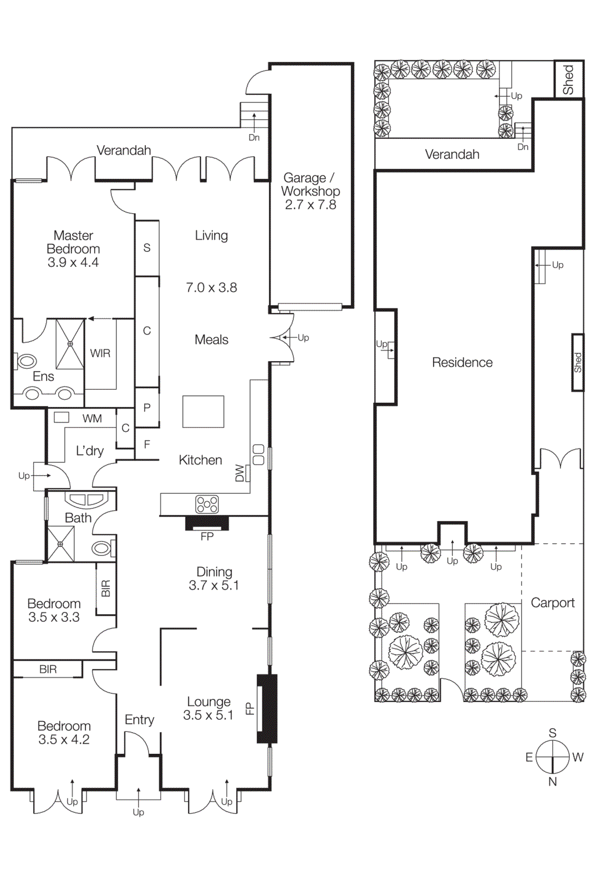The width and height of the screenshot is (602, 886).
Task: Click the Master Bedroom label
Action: pos(73,242)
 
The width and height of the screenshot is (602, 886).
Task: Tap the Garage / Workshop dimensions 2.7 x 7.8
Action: pos(310,205)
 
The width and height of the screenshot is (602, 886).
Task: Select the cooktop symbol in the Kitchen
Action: pos(207,504)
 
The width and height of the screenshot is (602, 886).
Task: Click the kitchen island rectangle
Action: pos(203,411)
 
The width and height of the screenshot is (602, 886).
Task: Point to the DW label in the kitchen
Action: pos(239,473)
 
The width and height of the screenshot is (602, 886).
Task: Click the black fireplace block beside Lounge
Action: pos(267,709)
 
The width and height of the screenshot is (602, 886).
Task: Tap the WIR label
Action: pos(100,353)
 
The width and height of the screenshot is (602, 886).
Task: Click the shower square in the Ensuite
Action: pos(70,344)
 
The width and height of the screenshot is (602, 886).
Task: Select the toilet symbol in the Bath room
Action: pos(102,548)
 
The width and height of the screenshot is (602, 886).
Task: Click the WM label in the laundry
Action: pos(92,419)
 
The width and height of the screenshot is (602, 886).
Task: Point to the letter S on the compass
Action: pos(552,733)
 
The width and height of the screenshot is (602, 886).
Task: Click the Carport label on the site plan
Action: pos(553,602)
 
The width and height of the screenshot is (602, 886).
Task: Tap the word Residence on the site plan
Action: pos(462,363)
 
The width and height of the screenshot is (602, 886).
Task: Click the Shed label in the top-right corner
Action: pos(569,80)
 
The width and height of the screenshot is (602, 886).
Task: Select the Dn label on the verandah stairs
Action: pos(254,137)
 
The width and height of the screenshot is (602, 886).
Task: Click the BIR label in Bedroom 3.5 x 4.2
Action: pos(48,669)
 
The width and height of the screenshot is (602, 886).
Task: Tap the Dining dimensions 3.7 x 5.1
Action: pos(214,585)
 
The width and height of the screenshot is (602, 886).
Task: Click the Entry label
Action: pos(139,719)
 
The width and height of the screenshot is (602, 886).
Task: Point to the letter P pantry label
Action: pos(147,408)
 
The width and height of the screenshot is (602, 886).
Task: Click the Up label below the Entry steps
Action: pos(138,812)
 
